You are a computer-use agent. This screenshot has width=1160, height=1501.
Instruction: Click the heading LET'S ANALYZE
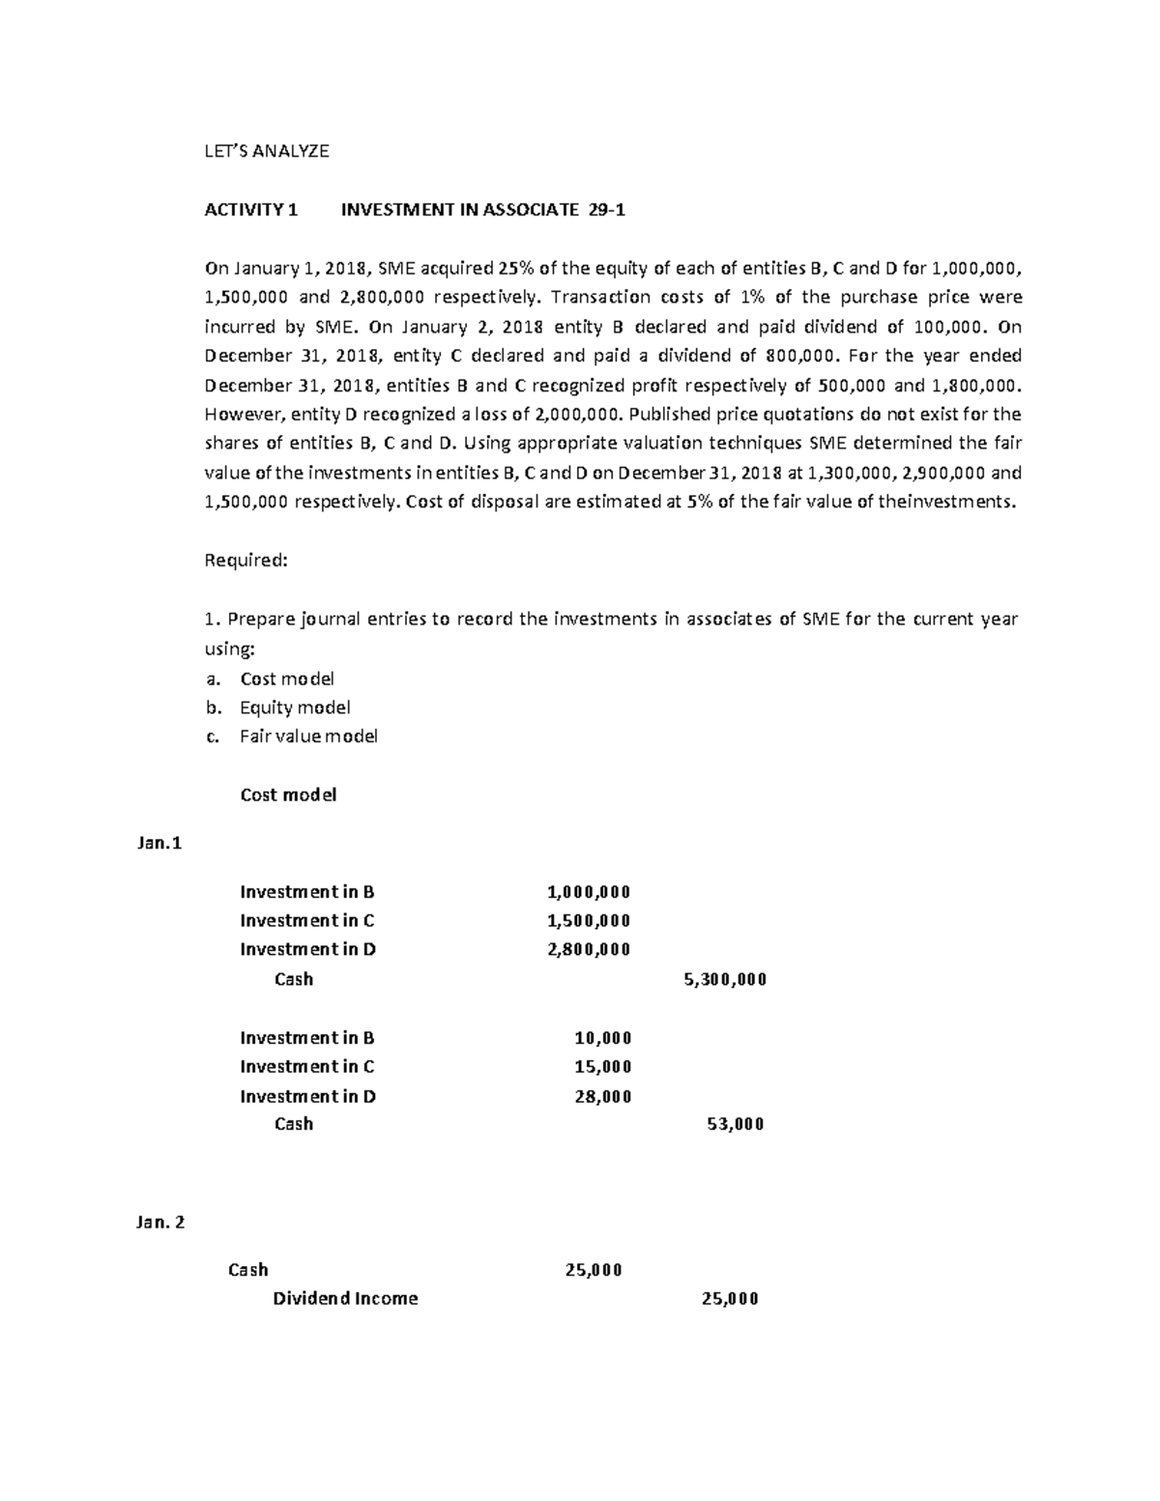267,151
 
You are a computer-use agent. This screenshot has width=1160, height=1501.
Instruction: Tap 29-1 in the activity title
606,210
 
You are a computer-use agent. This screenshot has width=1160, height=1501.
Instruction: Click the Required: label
246,560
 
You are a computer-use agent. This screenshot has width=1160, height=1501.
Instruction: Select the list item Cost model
286,678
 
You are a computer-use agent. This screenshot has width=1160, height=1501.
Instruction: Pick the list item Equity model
295,707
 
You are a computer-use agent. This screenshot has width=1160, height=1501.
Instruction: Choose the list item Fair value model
308,736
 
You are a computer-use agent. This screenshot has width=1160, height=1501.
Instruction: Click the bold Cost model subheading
287,795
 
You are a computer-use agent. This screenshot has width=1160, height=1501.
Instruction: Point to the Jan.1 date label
159,843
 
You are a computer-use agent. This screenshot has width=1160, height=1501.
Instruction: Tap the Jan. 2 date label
160,1223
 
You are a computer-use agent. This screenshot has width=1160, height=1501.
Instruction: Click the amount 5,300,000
724,979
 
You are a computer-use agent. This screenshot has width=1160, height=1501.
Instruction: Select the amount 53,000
736,1124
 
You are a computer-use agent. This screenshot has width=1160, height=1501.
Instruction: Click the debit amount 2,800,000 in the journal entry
588,949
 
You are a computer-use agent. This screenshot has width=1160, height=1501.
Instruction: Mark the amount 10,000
602,1038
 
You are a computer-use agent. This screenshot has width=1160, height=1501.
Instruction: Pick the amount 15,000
602,1067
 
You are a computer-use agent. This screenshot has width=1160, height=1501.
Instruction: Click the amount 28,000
602,1096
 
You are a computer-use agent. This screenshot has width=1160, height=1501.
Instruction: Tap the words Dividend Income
345,1299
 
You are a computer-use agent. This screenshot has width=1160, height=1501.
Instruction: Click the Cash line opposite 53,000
294,1124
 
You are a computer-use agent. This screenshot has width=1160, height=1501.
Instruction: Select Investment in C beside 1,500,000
307,920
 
